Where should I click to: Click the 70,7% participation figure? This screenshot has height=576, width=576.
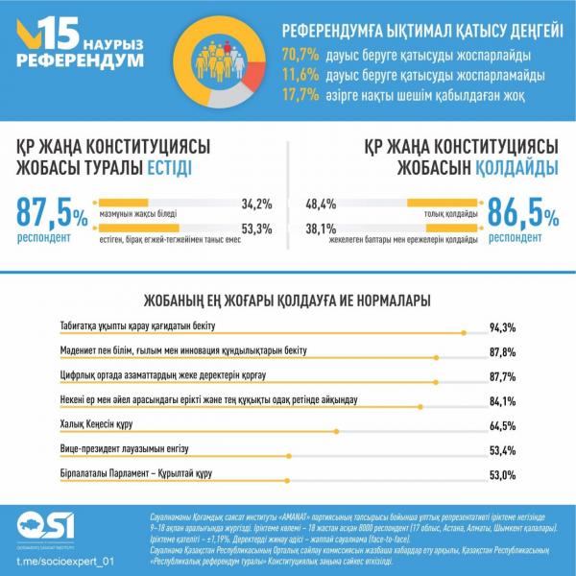coord(300,54)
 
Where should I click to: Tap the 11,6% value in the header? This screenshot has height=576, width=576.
coord(300,74)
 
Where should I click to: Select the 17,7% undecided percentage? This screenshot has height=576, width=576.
coord(300,94)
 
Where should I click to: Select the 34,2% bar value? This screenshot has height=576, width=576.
coord(256,204)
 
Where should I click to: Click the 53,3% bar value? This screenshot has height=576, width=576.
coord(256,228)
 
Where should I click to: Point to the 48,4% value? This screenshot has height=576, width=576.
coord(320,204)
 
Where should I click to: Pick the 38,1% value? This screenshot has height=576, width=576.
coord(320,228)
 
